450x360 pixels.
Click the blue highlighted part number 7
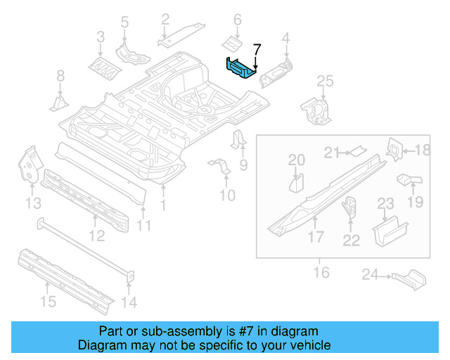(240, 68)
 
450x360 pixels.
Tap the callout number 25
(323, 83)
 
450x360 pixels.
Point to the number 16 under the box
(321, 271)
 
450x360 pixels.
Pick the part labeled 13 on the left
(29, 165)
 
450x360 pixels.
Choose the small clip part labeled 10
(220, 168)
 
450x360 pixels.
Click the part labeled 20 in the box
(296, 184)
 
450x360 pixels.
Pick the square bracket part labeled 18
(394, 149)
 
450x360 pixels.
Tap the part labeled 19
(409, 181)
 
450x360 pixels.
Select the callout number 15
(47, 302)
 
